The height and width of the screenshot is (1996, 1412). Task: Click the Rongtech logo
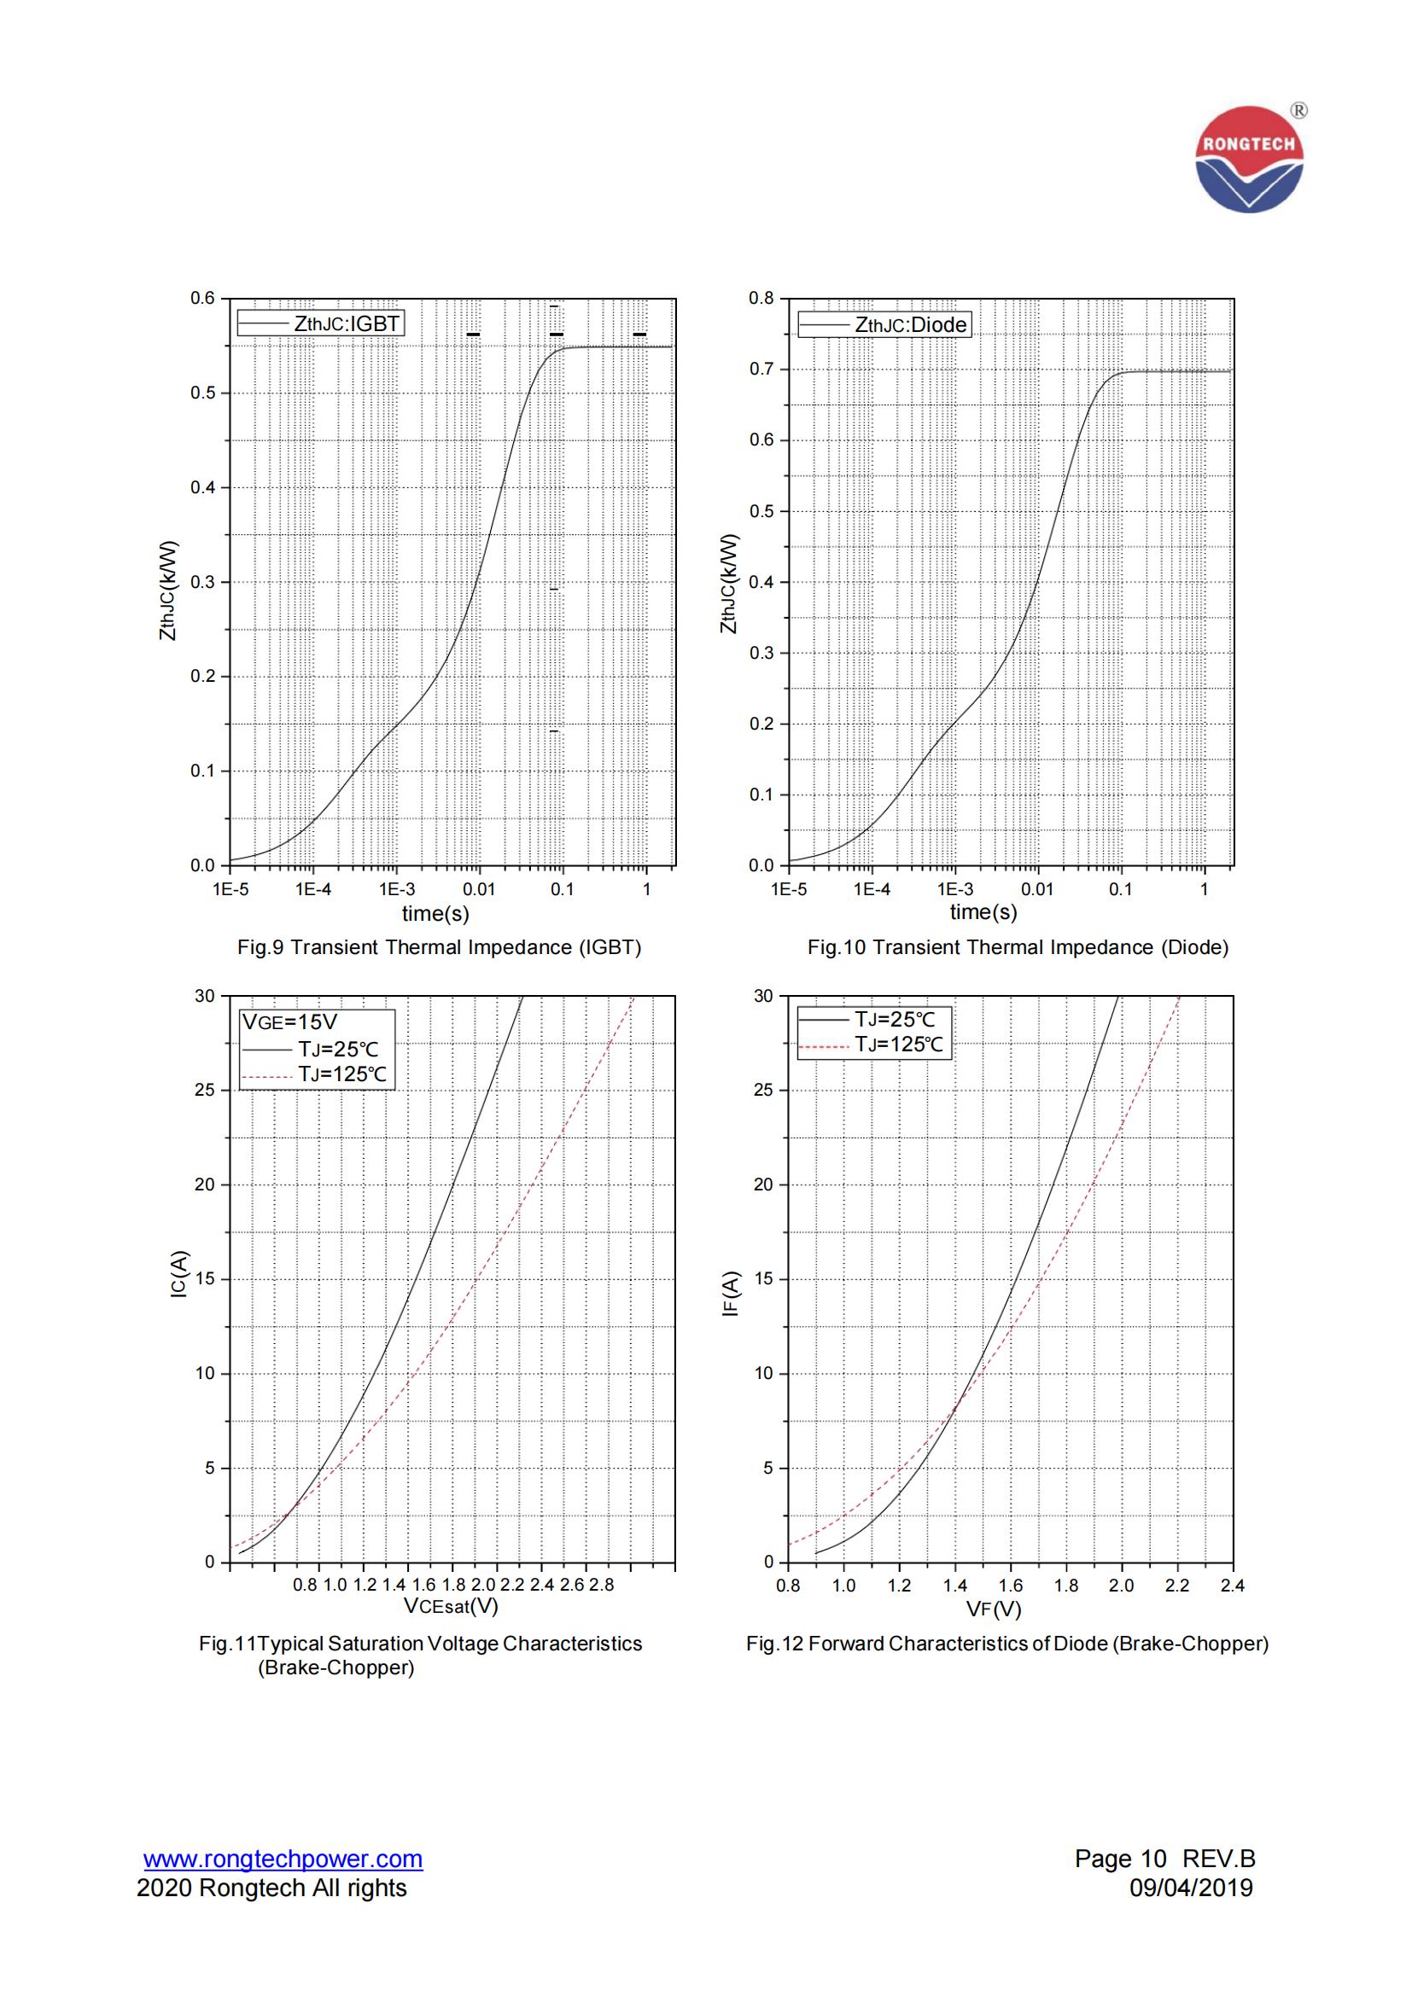tap(1249, 159)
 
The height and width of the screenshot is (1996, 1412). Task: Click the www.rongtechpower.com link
tap(283, 1859)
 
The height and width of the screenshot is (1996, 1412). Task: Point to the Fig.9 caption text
tap(439, 947)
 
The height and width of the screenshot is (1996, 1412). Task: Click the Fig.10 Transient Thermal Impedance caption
tap(1018, 947)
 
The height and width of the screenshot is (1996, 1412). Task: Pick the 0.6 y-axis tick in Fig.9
tap(201, 298)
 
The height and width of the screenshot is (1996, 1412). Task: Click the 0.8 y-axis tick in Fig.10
tap(761, 298)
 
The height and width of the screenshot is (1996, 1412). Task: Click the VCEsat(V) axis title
tap(451, 1606)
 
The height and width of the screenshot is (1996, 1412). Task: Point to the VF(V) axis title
tap(994, 1609)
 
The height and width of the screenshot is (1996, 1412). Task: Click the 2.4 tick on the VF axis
tap(1232, 1585)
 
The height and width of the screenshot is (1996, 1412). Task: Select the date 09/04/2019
tap(1190, 1888)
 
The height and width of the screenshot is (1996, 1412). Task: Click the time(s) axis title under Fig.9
tap(435, 913)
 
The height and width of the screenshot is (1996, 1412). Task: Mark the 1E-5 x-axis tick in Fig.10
tap(789, 889)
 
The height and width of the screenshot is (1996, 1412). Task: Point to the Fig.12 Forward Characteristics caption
tap(1006, 1644)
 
